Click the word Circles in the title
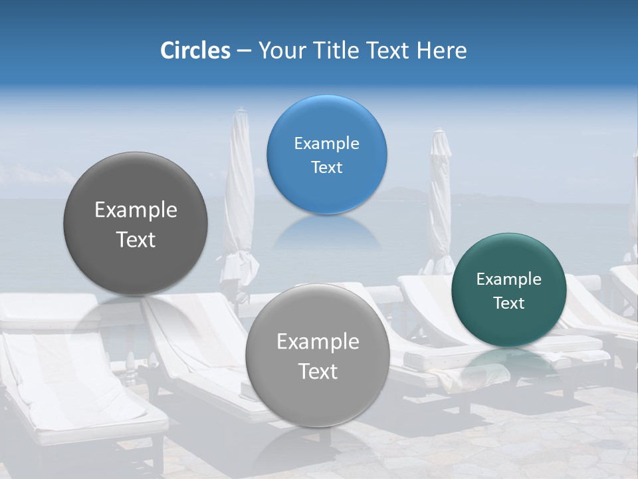click(x=195, y=51)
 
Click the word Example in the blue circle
click(x=326, y=143)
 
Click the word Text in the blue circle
click(x=326, y=168)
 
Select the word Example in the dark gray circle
click(x=136, y=210)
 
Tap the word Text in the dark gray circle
click(x=136, y=239)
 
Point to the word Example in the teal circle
click(x=508, y=279)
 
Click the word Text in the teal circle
click(x=508, y=303)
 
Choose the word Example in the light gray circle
click(x=318, y=342)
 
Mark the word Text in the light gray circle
click(x=318, y=371)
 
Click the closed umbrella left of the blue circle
click(x=239, y=200)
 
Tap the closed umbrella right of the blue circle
click(x=440, y=200)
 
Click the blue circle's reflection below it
click(x=326, y=233)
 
